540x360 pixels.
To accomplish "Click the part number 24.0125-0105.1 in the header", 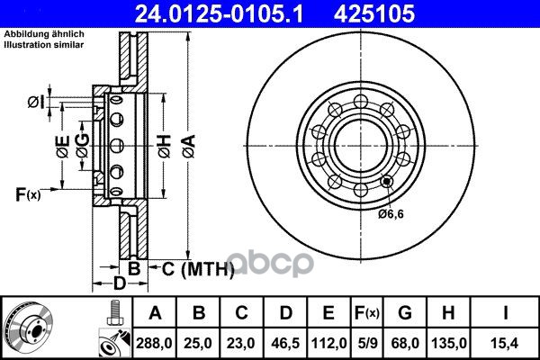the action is pyautogui.click(x=219, y=13).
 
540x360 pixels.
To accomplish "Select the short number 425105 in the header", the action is pyautogui.click(x=374, y=13).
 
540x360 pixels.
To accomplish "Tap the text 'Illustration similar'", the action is pyautogui.click(x=44, y=45).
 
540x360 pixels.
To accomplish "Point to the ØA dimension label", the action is pyautogui.click(x=189, y=147).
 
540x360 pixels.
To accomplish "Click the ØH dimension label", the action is pyautogui.click(x=165, y=147).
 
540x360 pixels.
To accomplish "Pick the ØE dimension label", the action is pyautogui.click(x=63, y=147).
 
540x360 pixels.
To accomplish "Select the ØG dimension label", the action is pyautogui.click(x=83, y=146).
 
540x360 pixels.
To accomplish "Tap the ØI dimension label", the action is pyautogui.click(x=36, y=103).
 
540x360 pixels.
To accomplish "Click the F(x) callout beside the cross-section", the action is pyautogui.click(x=28, y=194).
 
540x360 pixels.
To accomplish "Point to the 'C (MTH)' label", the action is pyautogui.click(x=198, y=269).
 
